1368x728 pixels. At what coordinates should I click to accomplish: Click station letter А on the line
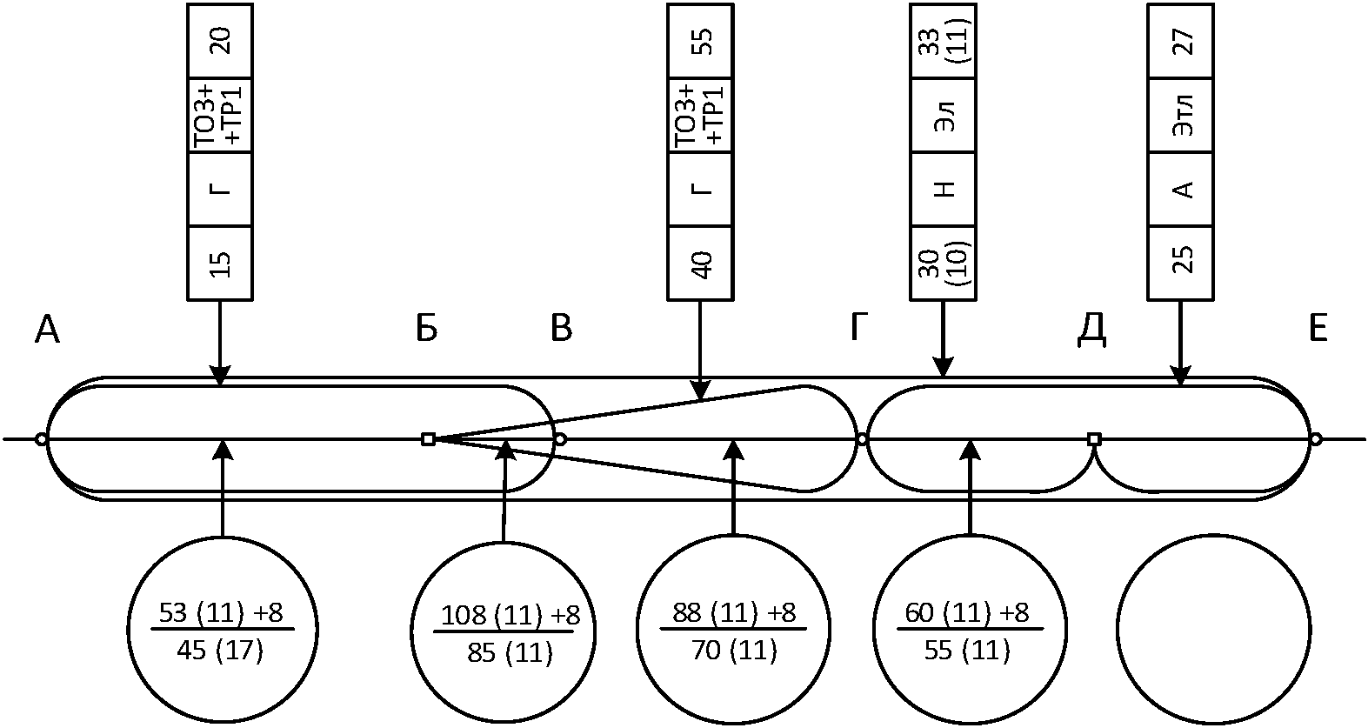[x=48, y=330]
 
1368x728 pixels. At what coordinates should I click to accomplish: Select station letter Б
[x=426, y=329]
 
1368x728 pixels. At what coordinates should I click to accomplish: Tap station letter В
[x=562, y=329]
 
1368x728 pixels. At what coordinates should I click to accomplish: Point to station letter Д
[x=1091, y=329]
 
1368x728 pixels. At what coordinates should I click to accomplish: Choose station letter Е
[x=1318, y=329]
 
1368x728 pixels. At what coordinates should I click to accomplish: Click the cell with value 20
[x=221, y=41]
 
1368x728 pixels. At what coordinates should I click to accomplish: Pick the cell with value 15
[x=221, y=263]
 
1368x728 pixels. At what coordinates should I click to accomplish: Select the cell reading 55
[x=701, y=41]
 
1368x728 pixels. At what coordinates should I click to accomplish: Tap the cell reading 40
[x=701, y=263]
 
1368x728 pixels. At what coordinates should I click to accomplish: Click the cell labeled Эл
[x=944, y=116]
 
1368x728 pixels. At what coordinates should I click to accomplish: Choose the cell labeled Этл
[x=1181, y=116]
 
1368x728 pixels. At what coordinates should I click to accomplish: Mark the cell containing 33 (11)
[x=944, y=41]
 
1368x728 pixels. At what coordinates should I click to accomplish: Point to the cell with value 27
[x=1181, y=41]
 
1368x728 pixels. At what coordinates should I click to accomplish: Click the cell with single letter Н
[x=944, y=189]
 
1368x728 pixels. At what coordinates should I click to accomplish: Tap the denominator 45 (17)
[x=219, y=650]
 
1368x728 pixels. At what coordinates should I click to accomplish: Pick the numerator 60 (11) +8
[x=967, y=613]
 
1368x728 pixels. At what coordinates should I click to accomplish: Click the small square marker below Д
[x=1094, y=439]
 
